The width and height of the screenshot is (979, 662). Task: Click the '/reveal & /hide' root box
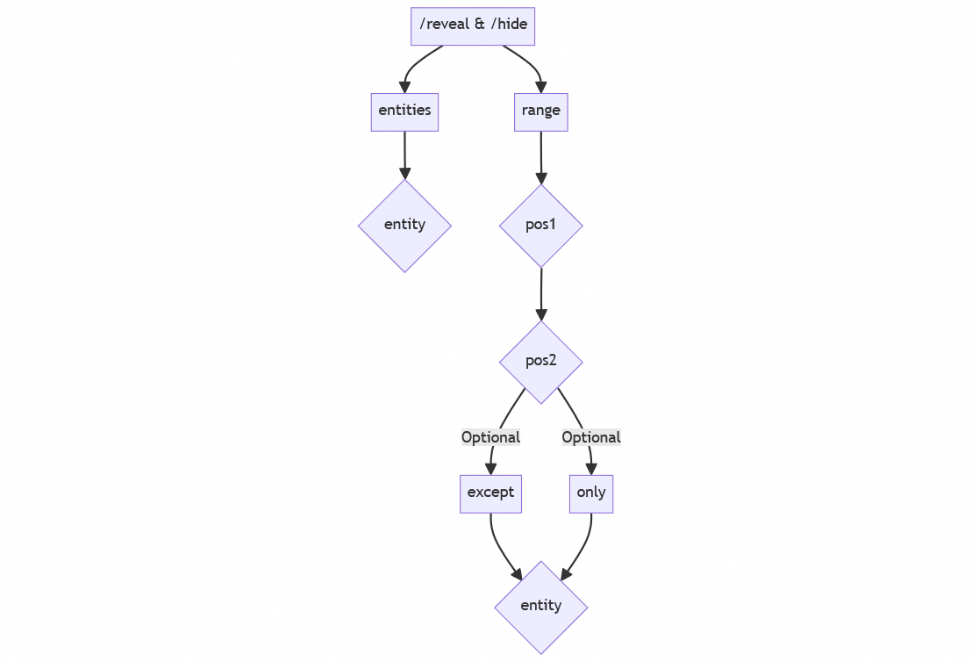point(473,25)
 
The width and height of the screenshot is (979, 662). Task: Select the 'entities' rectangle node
point(404,112)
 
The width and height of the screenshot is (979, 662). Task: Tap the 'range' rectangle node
point(540,112)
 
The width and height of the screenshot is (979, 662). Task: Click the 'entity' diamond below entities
point(404,225)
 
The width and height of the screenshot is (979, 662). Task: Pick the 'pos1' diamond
point(540,225)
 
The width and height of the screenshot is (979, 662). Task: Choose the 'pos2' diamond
point(540,361)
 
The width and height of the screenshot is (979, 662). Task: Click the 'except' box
point(490,493)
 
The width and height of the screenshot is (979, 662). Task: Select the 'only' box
point(590,493)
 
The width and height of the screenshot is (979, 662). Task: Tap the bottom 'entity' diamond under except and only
point(540,606)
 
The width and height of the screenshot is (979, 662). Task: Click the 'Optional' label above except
point(490,437)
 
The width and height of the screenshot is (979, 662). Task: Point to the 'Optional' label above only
point(590,437)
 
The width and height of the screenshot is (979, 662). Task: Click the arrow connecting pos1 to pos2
point(540,293)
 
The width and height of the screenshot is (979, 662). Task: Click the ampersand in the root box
point(479,25)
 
